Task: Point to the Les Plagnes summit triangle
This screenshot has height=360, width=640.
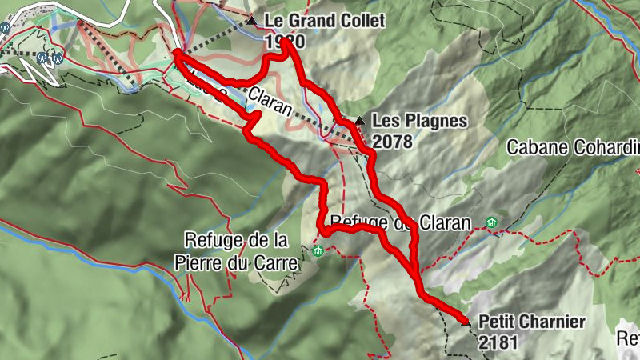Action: (x=360, y=122)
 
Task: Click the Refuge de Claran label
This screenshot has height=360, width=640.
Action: (x=398, y=223)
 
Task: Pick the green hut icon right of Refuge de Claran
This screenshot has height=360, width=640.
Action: (x=491, y=222)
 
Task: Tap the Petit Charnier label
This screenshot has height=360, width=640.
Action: (x=532, y=322)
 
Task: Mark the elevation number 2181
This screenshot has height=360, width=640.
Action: (x=498, y=342)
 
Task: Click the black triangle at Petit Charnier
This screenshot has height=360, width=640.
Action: (x=468, y=323)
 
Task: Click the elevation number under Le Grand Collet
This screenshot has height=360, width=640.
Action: (x=282, y=41)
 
